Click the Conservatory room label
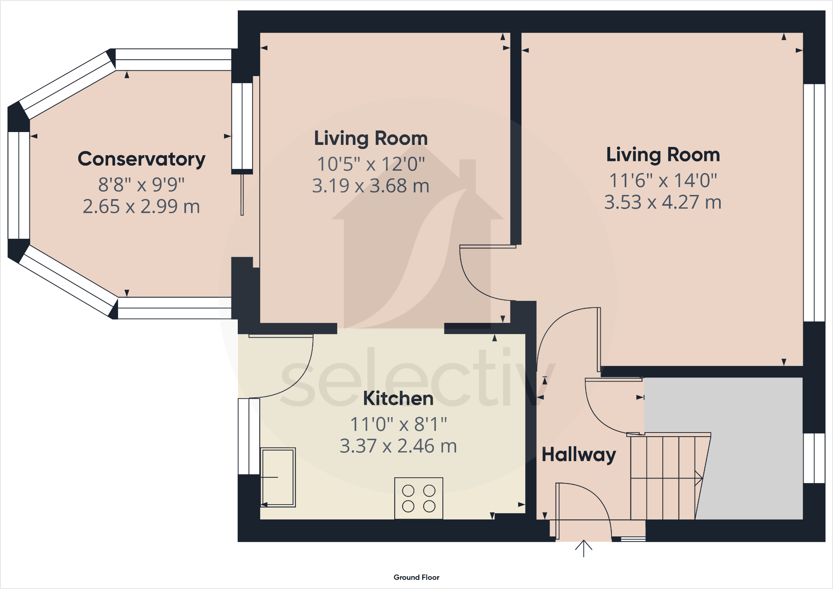(x=141, y=159)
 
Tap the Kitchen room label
(x=398, y=398)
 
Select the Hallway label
(x=579, y=455)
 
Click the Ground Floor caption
(x=416, y=577)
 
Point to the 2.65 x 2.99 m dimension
(x=141, y=206)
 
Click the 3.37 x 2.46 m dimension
(x=398, y=446)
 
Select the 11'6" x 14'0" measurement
(x=663, y=180)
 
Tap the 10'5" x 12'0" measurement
(x=371, y=164)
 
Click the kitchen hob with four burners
(x=419, y=498)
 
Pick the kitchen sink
(x=278, y=477)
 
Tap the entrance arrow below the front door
(x=584, y=548)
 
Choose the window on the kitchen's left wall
(x=249, y=436)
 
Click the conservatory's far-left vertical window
(x=19, y=185)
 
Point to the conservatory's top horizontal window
(x=173, y=60)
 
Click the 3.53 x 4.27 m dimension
(x=663, y=202)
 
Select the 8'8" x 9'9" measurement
(x=141, y=185)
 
